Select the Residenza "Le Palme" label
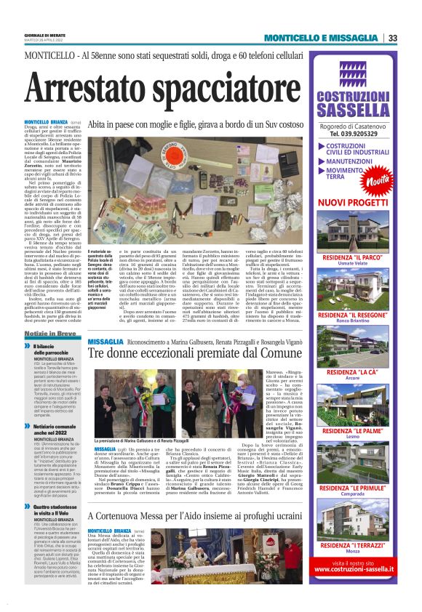[x=353, y=430]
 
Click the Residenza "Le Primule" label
[x=353, y=488]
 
